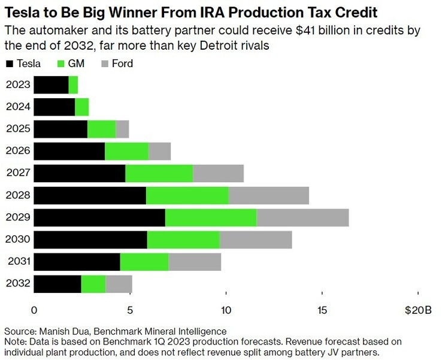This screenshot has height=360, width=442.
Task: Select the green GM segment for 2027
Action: pos(159,174)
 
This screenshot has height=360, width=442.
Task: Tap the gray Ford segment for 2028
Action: pos(268,196)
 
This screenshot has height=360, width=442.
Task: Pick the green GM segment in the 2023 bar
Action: pos(73,85)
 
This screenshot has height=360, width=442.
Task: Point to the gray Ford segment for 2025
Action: pos(122,129)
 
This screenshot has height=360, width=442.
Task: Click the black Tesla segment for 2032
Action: pos(57,285)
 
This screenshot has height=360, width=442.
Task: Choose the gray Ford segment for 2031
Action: pos(195,262)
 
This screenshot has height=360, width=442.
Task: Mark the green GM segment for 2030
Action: pos(183,240)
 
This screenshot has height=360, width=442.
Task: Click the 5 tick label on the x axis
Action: pos(130,310)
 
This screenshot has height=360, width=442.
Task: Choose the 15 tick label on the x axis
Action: pos(322,310)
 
